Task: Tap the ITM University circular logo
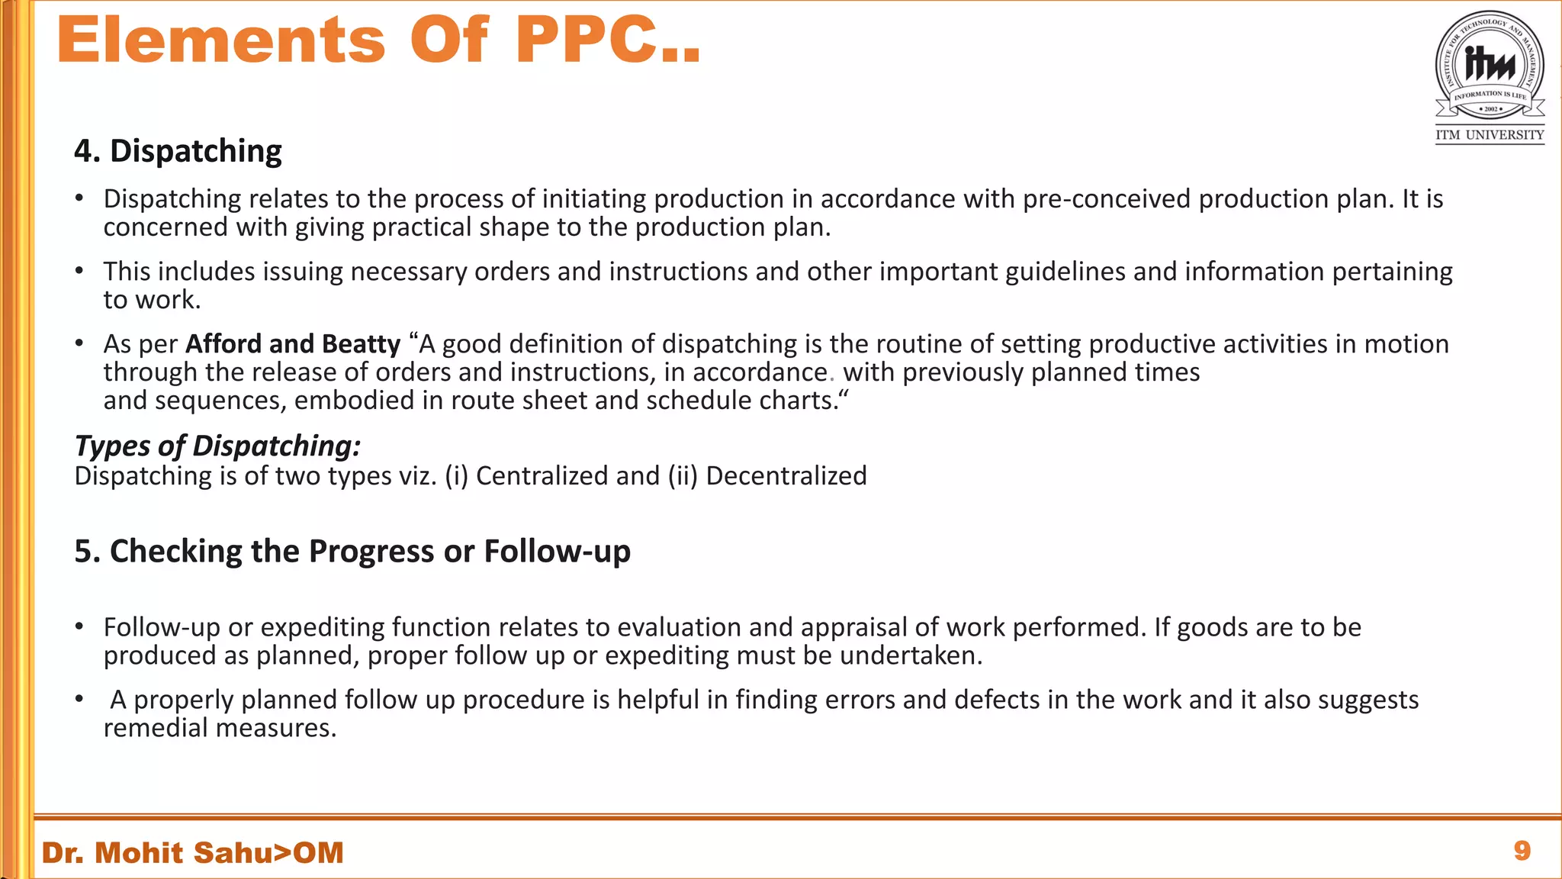coord(1490,66)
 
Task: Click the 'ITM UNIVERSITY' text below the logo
coord(1490,135)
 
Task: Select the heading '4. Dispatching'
coord(178,151)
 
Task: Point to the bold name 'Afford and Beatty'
coord(293,344)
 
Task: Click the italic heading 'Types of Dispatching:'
coord(217,446)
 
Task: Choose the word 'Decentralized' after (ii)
coord(786,476)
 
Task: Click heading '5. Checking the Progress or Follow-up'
coord(352,551)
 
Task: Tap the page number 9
coord(1522,851)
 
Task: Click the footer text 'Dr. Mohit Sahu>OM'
coord(193,852)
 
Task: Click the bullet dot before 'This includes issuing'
coord(79,271)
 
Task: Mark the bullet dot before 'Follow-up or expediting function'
coord(79,626)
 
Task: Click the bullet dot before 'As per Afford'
coord(79,343)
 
